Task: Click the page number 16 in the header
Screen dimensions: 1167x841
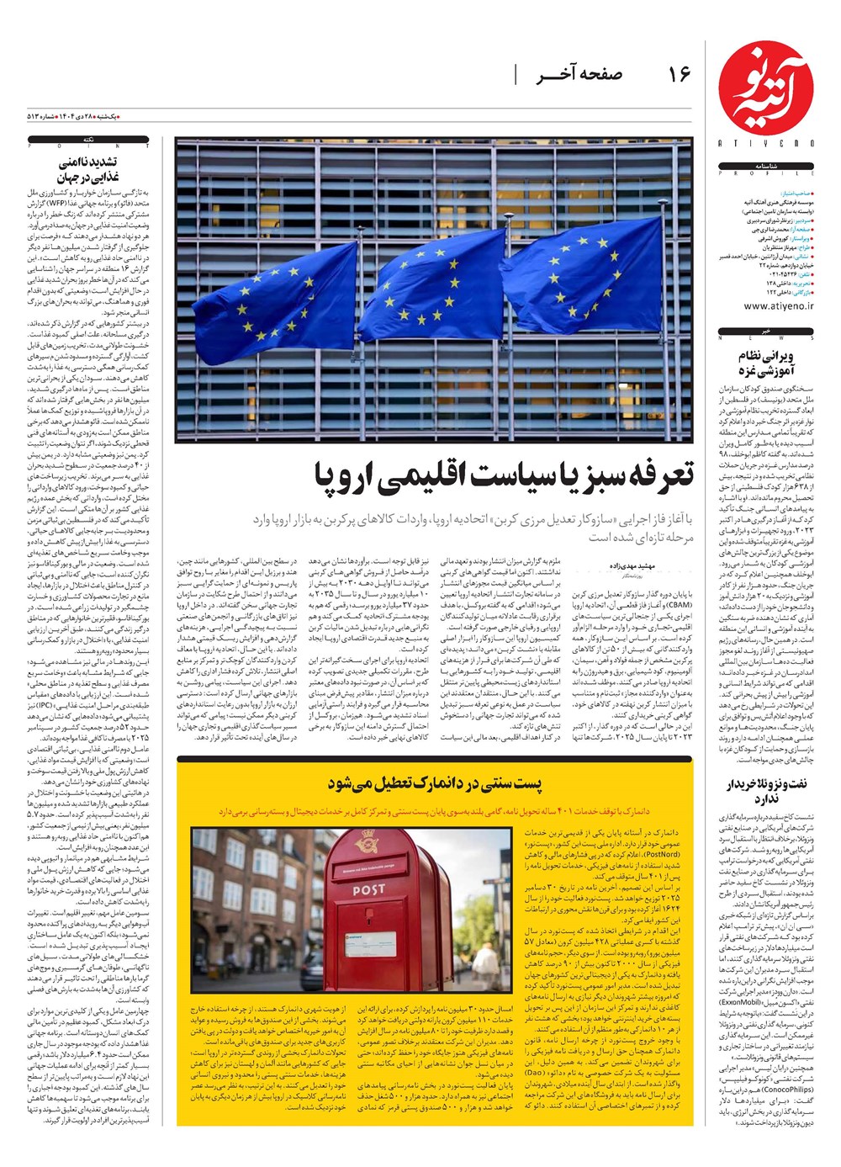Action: pyautogui.click(x=679, y=75)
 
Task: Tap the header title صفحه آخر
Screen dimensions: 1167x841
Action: pyautogui.click(x=579, y=75)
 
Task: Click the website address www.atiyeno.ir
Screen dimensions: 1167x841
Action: pyautogui.click(x=766, y=306)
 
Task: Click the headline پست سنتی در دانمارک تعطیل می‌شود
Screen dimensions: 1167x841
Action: pyautogui.click(x=434, y=785)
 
